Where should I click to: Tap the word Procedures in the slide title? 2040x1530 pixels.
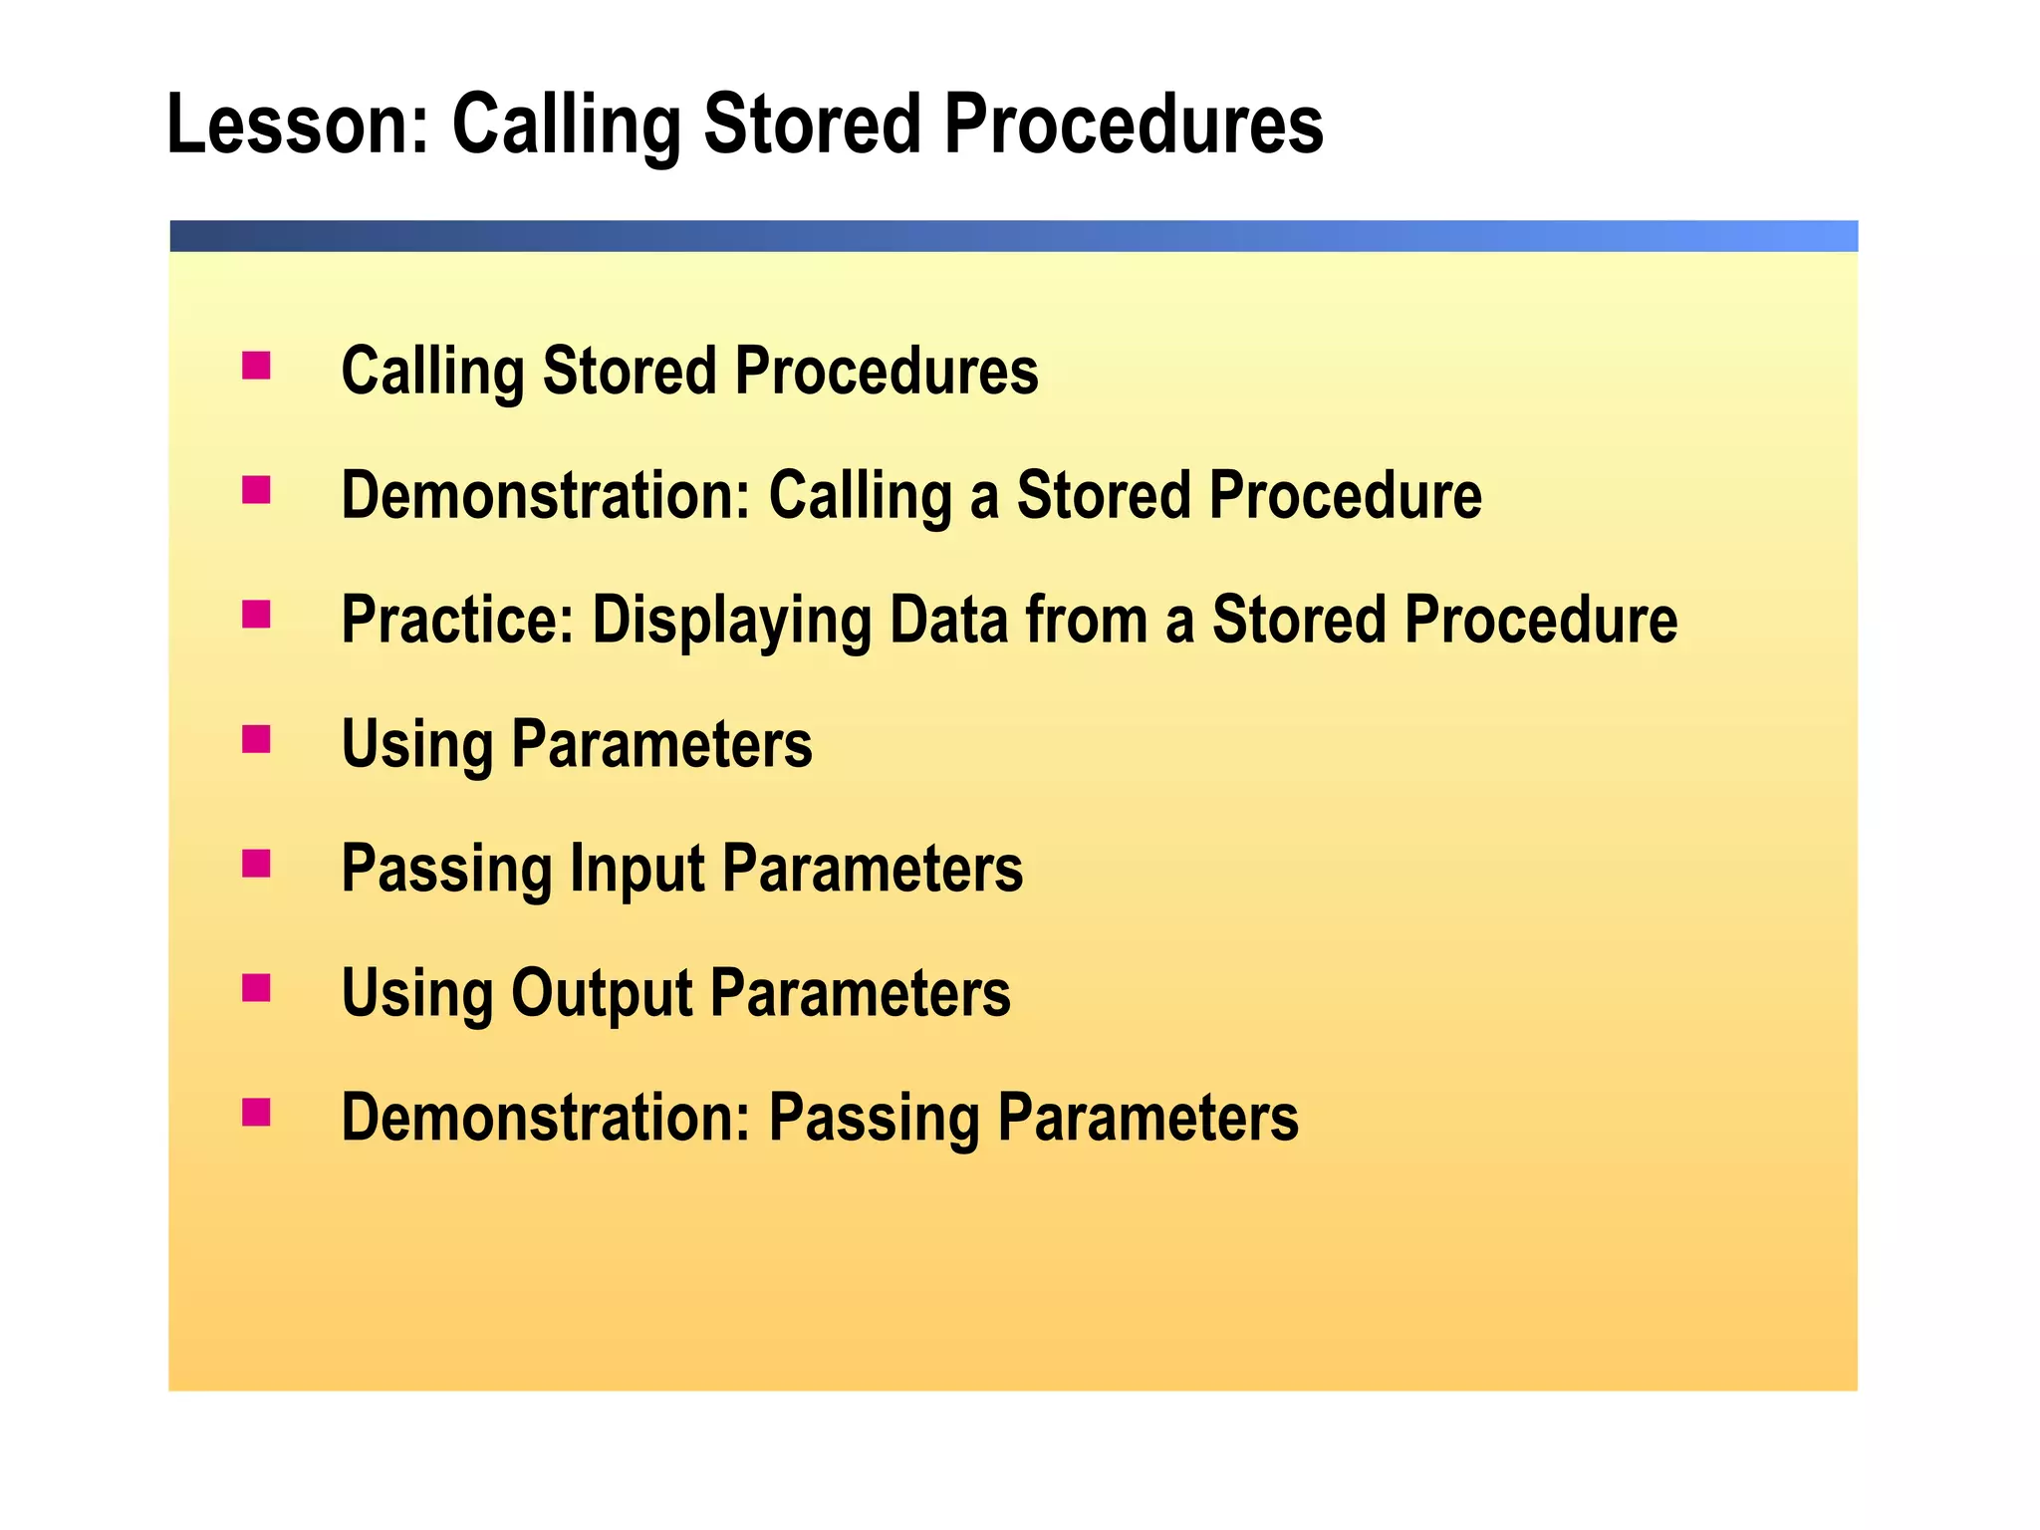click(1133, 125)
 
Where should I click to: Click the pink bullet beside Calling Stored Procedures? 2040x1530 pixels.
click(256, 366)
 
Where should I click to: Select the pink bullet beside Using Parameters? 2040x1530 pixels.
click(256, 739)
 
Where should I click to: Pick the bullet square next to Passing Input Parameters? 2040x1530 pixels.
click(256, 864)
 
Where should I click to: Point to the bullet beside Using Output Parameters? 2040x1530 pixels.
click(256, 988)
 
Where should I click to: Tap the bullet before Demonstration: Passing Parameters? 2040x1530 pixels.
click(256, 1112)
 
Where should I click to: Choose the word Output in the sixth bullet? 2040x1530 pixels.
click(602, 993)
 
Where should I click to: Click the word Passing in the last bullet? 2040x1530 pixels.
click(875, 1118)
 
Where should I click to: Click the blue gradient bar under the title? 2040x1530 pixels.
click(1013, 236)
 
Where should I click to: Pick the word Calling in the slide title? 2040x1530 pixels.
click(567, 127)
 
